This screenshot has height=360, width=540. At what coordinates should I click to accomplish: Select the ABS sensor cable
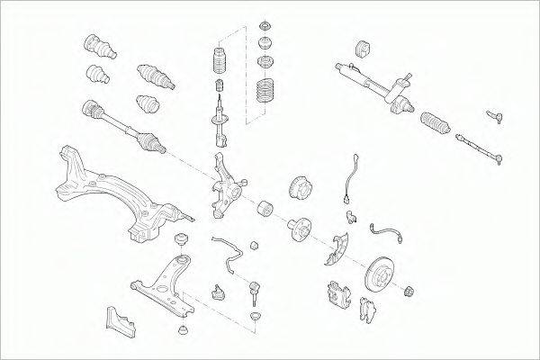coord(352,181)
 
